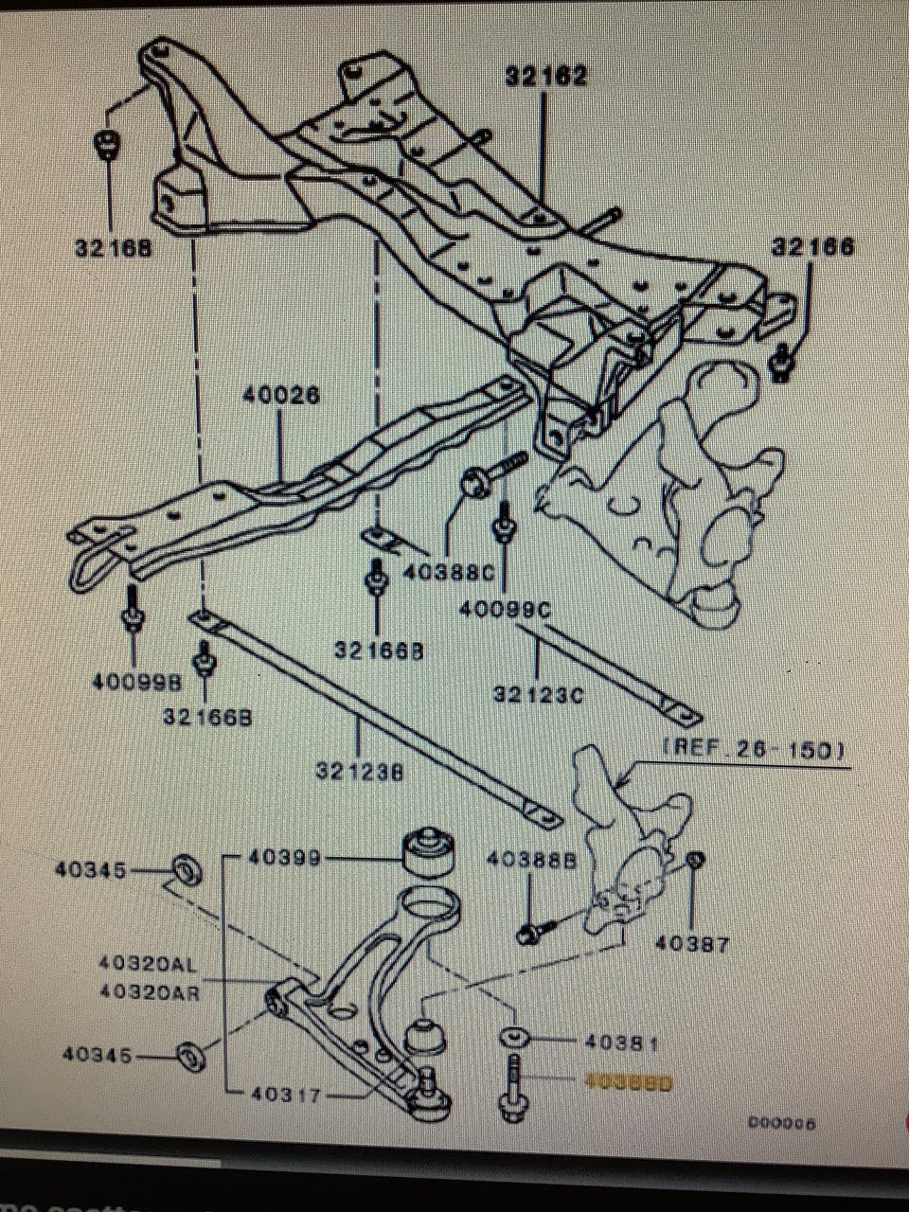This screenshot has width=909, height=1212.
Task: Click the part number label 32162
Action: click(x=545, y=76)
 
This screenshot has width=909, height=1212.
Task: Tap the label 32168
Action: click(x=114, y=248)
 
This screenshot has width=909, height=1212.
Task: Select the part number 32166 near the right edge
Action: click(x=812, y=247)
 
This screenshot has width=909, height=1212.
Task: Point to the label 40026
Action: click(x=281, y=395)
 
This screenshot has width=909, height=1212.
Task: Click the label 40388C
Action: click(x=448, y=573)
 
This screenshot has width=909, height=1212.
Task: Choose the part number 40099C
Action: click(x=504, y=611)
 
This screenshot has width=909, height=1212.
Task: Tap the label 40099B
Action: click(x=136, y=681)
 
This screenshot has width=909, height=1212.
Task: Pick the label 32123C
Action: click(x=538, y=694)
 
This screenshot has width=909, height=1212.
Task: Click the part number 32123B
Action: click(x=360, y=772)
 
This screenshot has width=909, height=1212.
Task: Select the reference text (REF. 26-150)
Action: click(x=753, y=749)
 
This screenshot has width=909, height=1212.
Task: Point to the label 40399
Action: click(x=283, y=858)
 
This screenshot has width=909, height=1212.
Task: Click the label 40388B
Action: click(x=530, y=859)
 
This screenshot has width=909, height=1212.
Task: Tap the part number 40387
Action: click(x=692, y=944)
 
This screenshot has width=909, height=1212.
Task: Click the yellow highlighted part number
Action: click(x=629, y=1081)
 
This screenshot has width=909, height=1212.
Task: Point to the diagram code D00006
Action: click(x=781, y=1124)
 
